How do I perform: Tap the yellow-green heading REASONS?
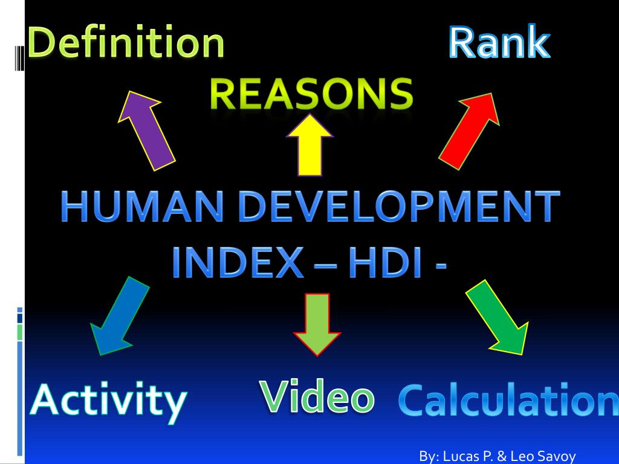311,94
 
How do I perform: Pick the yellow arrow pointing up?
309,146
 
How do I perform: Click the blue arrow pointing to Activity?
119,317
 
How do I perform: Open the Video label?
317,396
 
